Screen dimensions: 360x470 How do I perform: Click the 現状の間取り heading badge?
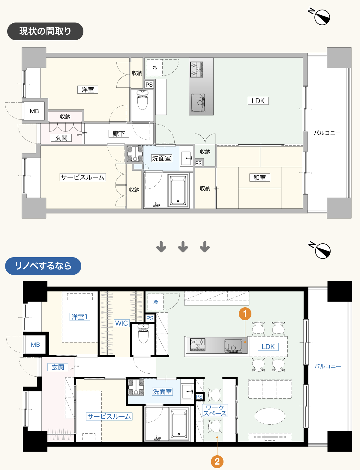coord(45,31)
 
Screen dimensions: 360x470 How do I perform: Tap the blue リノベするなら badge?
coord(43,266)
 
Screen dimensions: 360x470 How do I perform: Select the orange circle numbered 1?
coord(245,314)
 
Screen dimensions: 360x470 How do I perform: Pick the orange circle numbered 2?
coord(217,462)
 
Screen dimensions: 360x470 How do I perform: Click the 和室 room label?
coord(260,178)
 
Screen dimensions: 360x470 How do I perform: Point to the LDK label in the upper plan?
coord(258,101)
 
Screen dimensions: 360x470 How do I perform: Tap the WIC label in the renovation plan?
coord(121,323)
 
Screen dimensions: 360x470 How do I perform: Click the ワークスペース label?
coord(215,411)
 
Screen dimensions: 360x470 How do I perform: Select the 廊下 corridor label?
coord(119,134)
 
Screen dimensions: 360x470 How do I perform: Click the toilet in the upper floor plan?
coord(142,100)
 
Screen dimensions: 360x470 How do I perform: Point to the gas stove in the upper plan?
coord(196,69)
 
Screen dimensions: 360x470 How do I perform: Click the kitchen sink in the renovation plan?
coord(233,346)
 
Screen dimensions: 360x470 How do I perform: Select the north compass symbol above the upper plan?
coord(319,17)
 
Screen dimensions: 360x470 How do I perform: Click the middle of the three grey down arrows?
coord(183,247)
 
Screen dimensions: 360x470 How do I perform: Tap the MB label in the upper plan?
coord(34,111)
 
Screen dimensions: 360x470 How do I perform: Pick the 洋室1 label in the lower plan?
coord(80,317)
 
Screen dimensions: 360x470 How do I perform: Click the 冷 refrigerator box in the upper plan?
coord(155,68)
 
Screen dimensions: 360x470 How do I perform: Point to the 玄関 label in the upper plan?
coord(61,138)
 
